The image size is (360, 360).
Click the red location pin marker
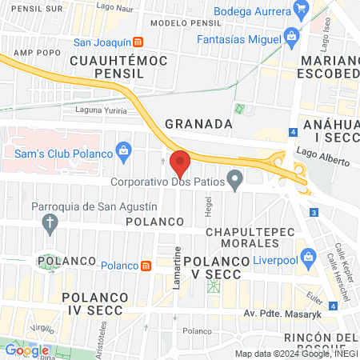pos(180,164)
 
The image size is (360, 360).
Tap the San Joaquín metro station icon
pos(138,42)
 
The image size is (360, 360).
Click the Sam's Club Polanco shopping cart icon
pos(123,150)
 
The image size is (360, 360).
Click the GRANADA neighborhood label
pos(198,124)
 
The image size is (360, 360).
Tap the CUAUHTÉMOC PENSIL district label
pos(106,66)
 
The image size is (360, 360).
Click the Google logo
pos(26,350)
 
